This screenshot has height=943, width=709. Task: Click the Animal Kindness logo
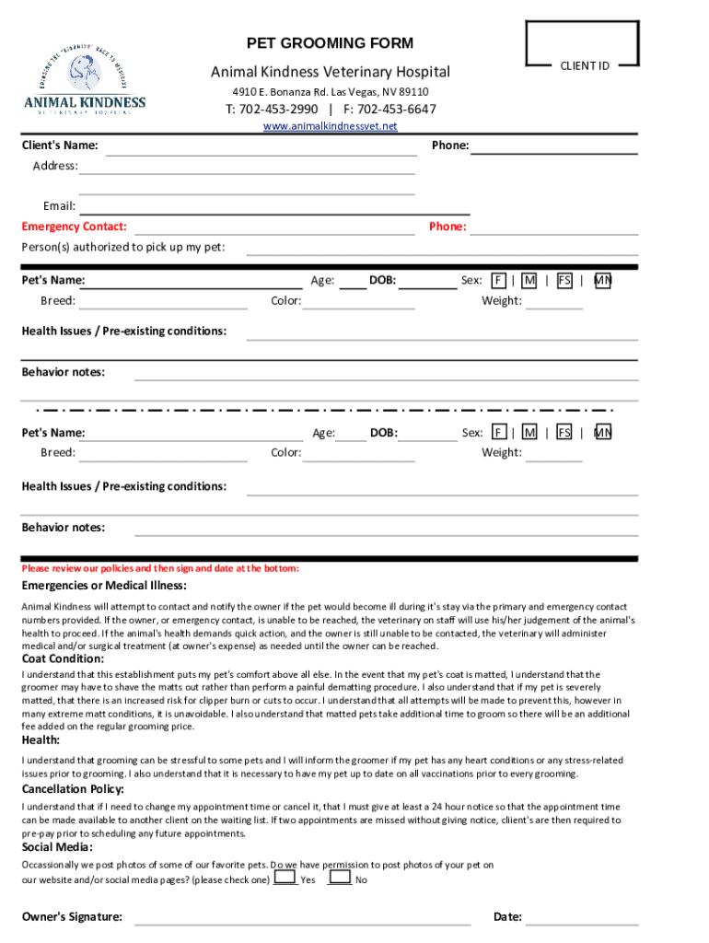click(x=85, y=84)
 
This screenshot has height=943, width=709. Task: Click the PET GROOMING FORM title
click(x=331, y=43)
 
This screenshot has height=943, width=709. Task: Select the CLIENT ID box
click(x=582, y=44)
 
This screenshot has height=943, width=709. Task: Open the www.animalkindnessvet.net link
click(x=331, y=126)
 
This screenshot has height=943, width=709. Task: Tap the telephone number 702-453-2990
click(x=273, y=110)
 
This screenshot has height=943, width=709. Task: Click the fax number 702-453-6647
click(x=390, y=110)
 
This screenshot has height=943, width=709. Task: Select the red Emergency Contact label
click(x=75, y=227)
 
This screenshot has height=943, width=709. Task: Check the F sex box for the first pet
click(x=498, y=280)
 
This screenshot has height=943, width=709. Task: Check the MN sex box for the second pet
click(x=602, y=433)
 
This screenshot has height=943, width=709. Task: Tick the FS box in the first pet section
click(x=564, y=280)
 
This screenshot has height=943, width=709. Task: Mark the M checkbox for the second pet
click(x=529, y=433)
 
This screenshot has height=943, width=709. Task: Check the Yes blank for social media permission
click(x=285, y=879)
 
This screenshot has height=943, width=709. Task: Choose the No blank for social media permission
click(x=339, y=879)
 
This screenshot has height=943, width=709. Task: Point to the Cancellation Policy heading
click(x=73, y=789)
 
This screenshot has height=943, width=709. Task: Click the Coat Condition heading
click(x=64, y=658)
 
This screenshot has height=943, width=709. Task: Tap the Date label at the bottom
click(x=507, y=917)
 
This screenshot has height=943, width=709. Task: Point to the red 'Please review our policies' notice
click(x=160, y=568)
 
